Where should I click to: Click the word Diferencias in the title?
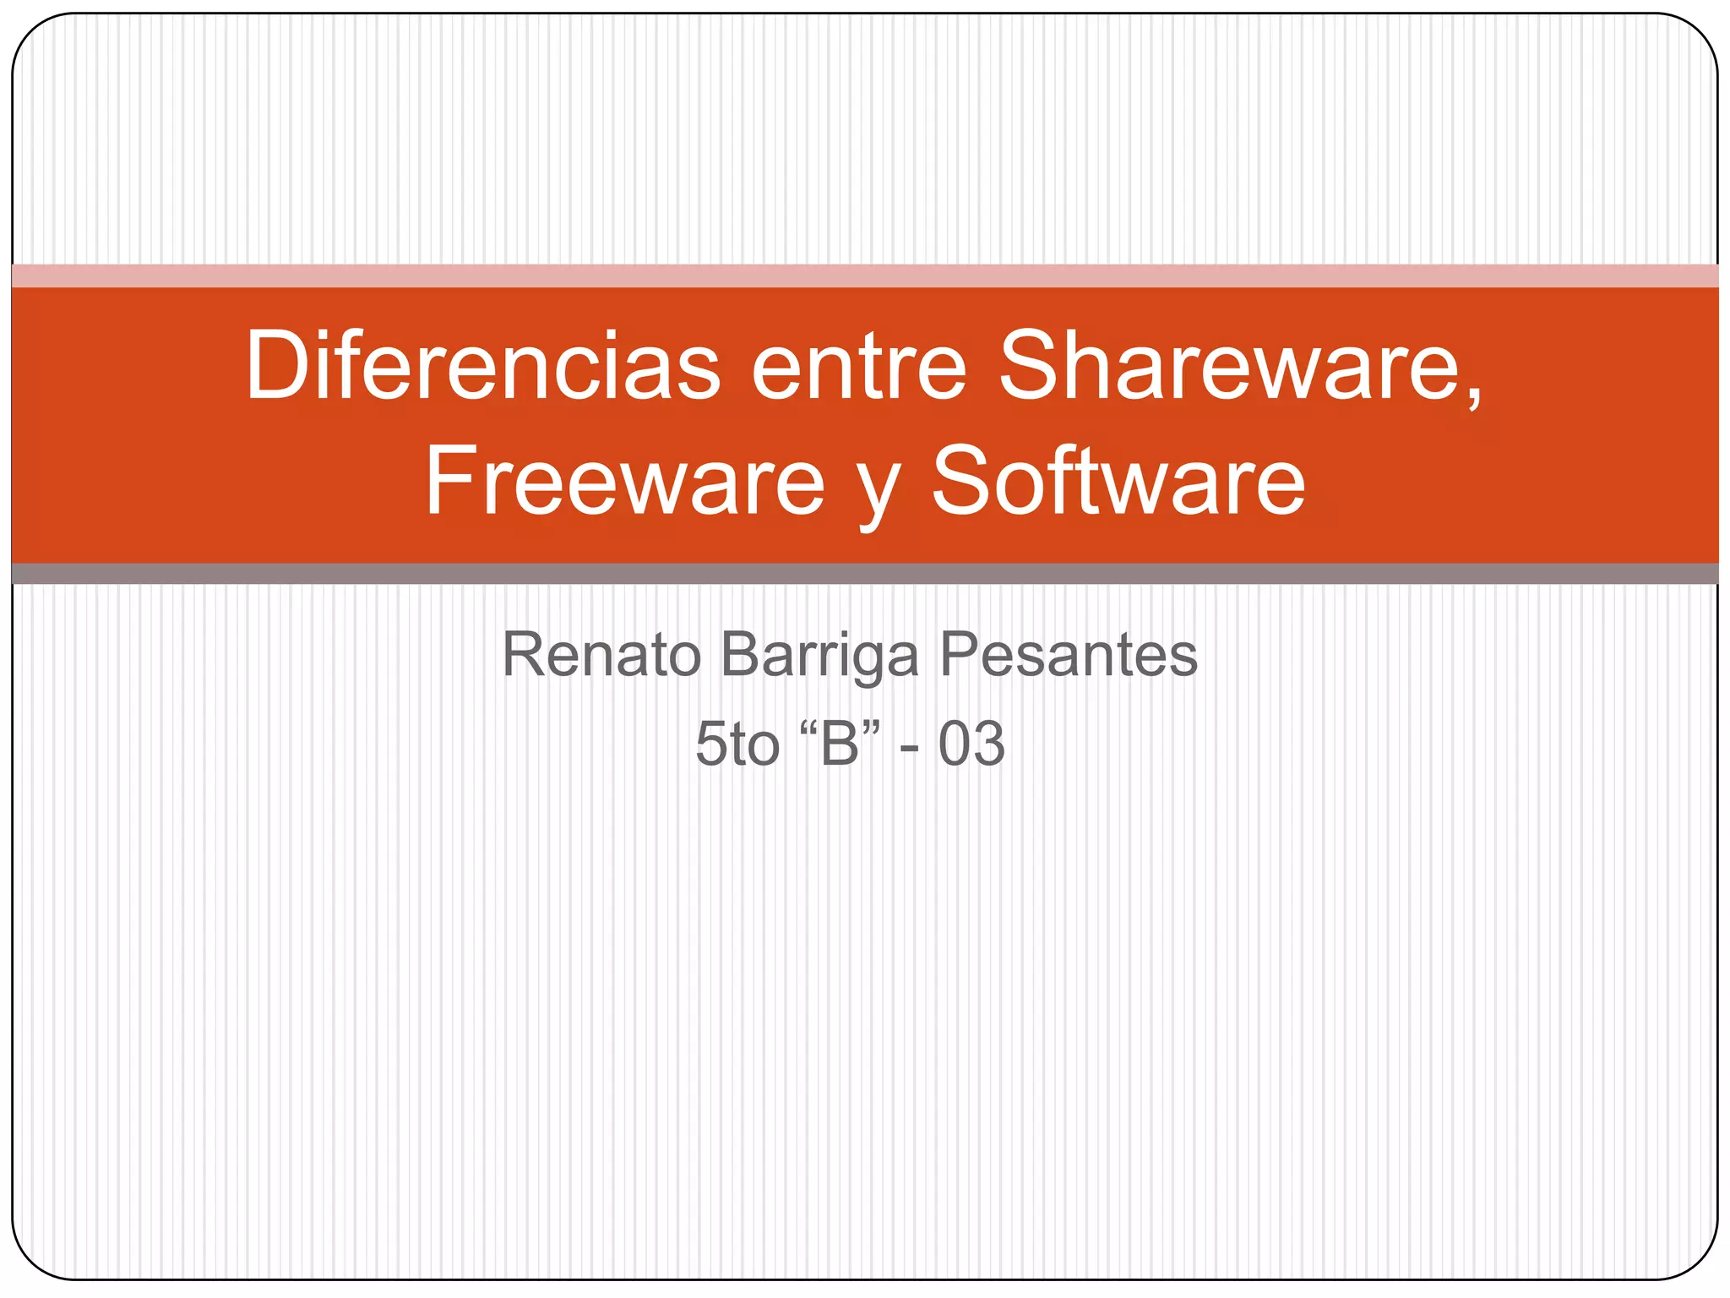(482, 366)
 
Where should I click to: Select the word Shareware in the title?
(1229, 366)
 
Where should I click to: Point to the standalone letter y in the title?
(879, 490)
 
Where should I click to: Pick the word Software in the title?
(1118, 481)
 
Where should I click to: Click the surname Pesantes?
(1069, 654)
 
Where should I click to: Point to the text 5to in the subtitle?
(737, 744)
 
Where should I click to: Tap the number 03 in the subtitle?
(971, 744)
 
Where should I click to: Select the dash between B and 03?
(909, 749)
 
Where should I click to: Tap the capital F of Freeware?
(448, 481)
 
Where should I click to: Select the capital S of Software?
(963, 481)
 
